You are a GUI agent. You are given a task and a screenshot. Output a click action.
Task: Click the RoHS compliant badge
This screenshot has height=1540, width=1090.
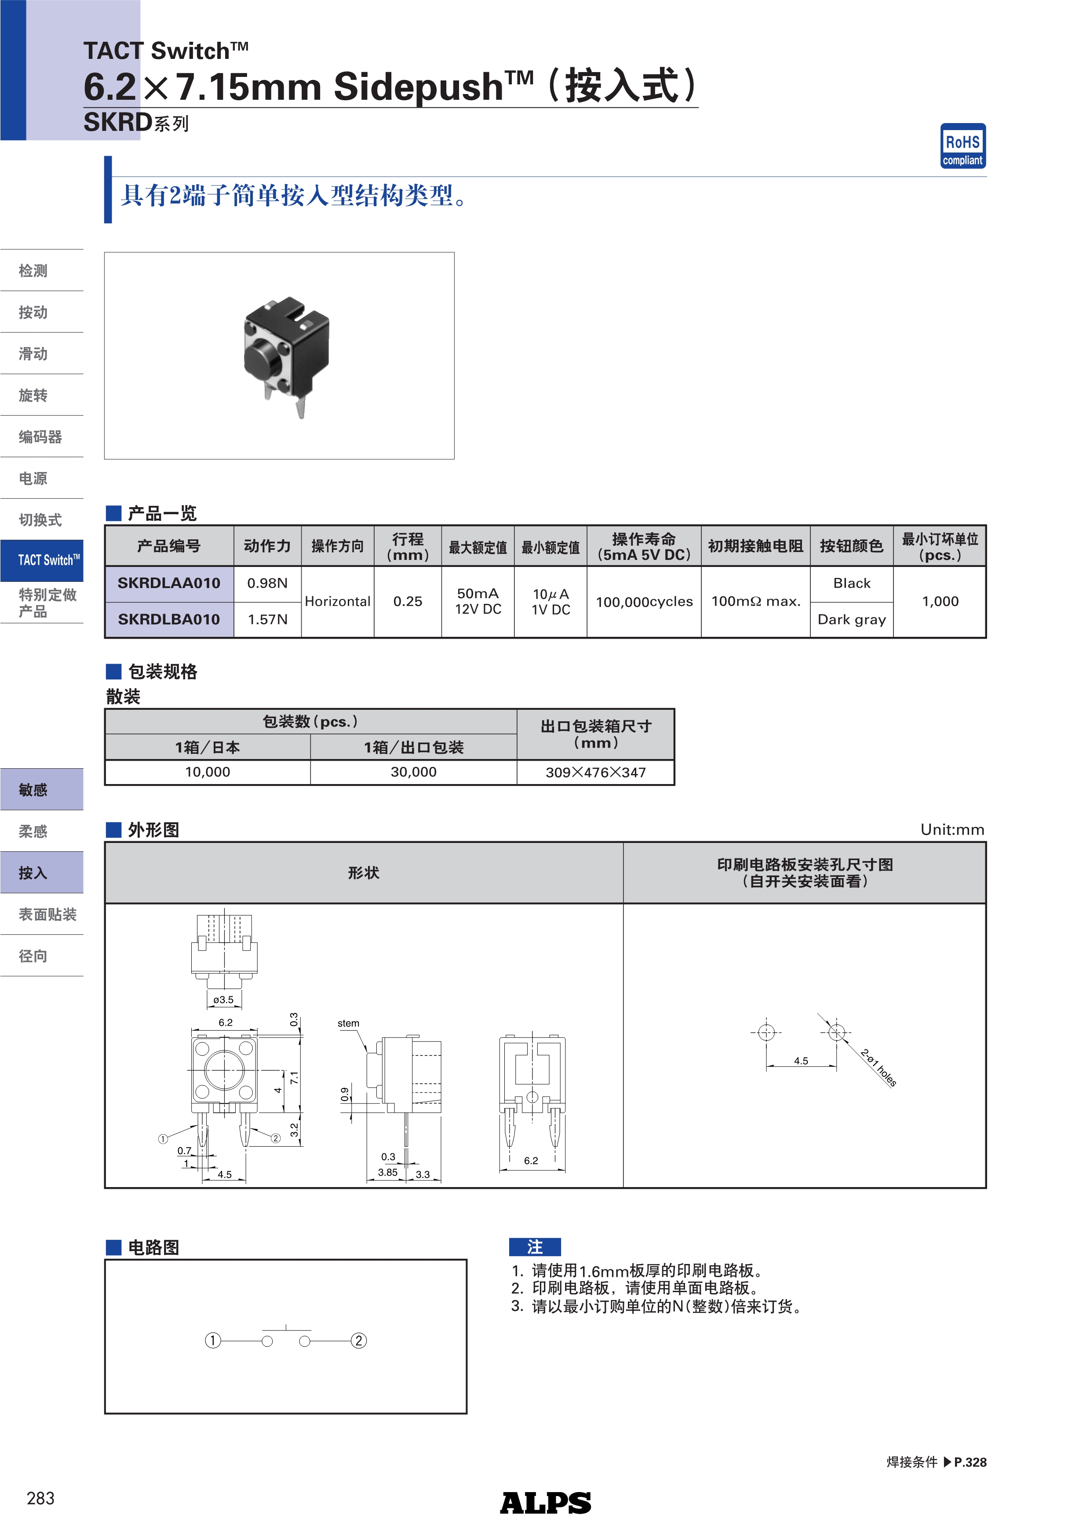tap(962, 145)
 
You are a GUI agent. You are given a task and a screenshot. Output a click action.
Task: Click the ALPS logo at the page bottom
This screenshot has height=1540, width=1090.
tap(545, 1503)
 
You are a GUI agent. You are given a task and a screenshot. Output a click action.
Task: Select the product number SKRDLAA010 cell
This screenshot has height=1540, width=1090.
tap(169, 583)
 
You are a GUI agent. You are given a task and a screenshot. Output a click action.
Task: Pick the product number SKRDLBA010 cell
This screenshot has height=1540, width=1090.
tap(169, 619)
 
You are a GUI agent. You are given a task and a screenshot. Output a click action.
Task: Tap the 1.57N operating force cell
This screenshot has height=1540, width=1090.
tap(267, 619)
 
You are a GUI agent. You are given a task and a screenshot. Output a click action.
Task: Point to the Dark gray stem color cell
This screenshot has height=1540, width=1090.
tap(851, 619)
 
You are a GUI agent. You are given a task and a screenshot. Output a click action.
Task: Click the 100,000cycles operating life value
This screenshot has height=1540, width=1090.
tap(644, 602)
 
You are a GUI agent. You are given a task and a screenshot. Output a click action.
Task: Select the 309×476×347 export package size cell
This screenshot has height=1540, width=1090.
tap(595, 772)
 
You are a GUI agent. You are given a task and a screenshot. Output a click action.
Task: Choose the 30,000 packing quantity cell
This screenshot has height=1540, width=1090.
tap(413, 772)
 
